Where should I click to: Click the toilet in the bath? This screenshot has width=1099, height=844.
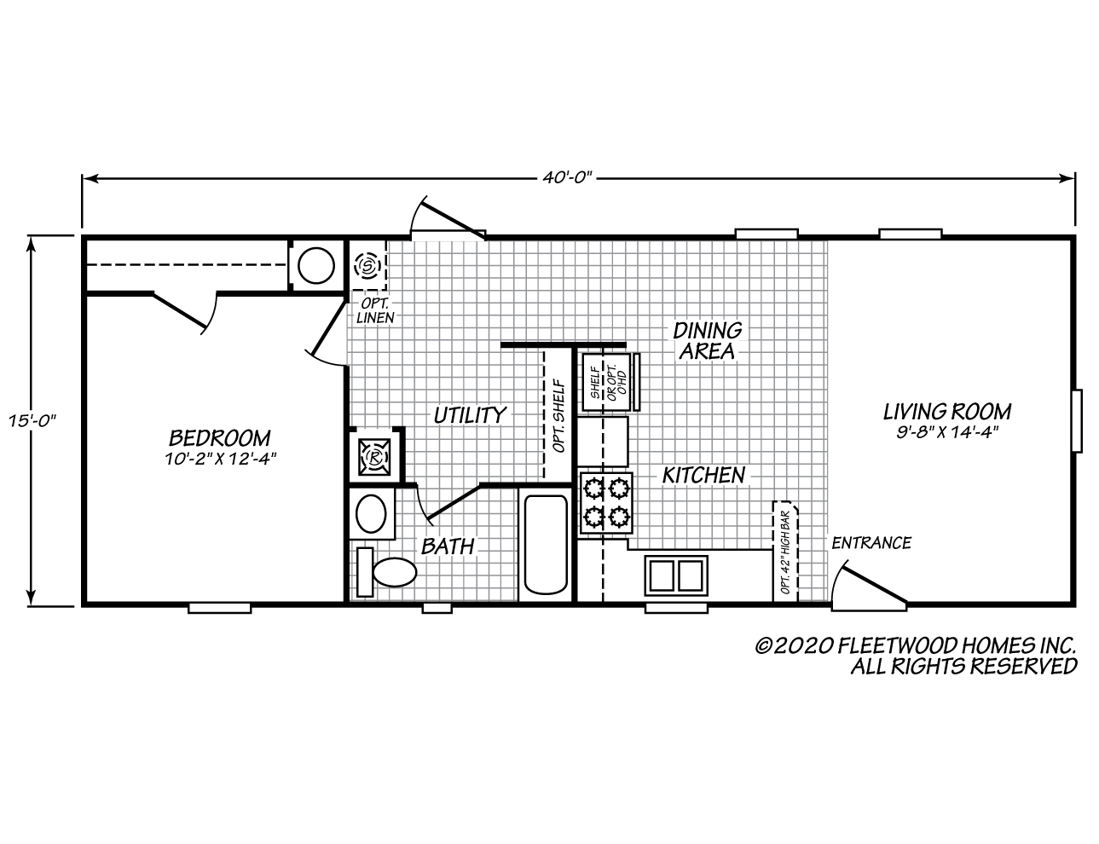click(x=387, y=572)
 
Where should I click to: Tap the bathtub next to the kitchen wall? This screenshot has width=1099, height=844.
click(x=546, y=544)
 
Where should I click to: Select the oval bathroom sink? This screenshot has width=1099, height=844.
click(x=371, y=514)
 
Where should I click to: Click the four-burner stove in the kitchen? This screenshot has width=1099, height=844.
click(x=606, y=503)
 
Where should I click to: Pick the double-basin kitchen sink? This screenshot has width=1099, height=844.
click(x=676, y=575)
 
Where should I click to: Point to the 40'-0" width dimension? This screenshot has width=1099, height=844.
click(x=566, y=177)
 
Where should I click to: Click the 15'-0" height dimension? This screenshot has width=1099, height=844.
click(x=32, y=420)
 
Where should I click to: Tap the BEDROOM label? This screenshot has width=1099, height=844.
click(x=219, y=438)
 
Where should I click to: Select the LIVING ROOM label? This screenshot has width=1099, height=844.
click(x=946, y=412)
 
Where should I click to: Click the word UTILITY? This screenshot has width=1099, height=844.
click(x=470, y=415)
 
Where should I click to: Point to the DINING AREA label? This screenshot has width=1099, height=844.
click(x=707, y=340)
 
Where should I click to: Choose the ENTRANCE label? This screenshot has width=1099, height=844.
click(x=871, y=542)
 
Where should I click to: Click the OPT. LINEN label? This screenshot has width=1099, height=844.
click(x=375, y=310)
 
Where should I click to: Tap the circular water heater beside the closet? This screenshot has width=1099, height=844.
click(x=316, y=265)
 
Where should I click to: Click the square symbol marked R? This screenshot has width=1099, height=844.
click(x=374, y=457)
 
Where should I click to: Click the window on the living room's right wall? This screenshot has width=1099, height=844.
click(x=1077, y=421)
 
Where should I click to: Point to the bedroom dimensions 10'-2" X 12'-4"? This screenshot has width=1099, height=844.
click(x=220, y=460)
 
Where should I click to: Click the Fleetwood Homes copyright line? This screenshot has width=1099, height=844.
click(x=916, y=645)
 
